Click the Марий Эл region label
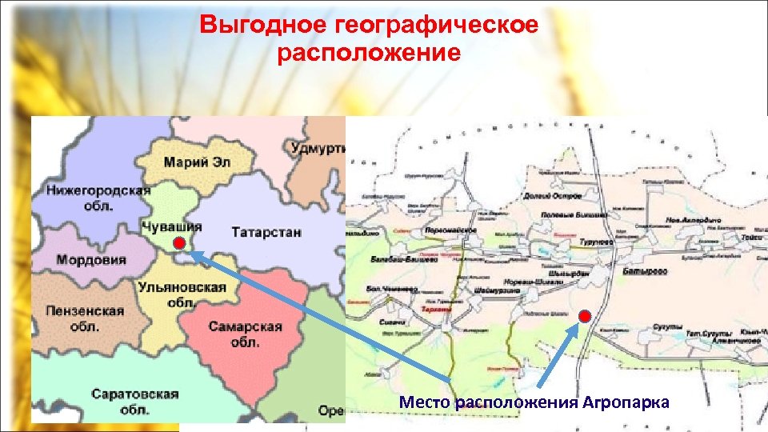pyautogui.click(x=197, y=162)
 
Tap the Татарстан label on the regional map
pyautogui.click(x=266, y=233)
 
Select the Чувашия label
pyautogui.click(x=171, y=226)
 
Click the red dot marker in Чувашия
pyautogui.click(x=179, y=243)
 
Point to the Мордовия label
pyautogui.click(x=91, y=260)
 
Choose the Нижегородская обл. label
pyautogui.click(x=98, y=197)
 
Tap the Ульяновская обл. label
pyautogui.click(x=182, y=294)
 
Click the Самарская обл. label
pyautogui.click(x=246, y=334)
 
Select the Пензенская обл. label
pyautogui.click(x=85, y=318)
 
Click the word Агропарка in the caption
pyautogui.click(x=625, y=401)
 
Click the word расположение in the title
pyautogui.click(x=369, y=54)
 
